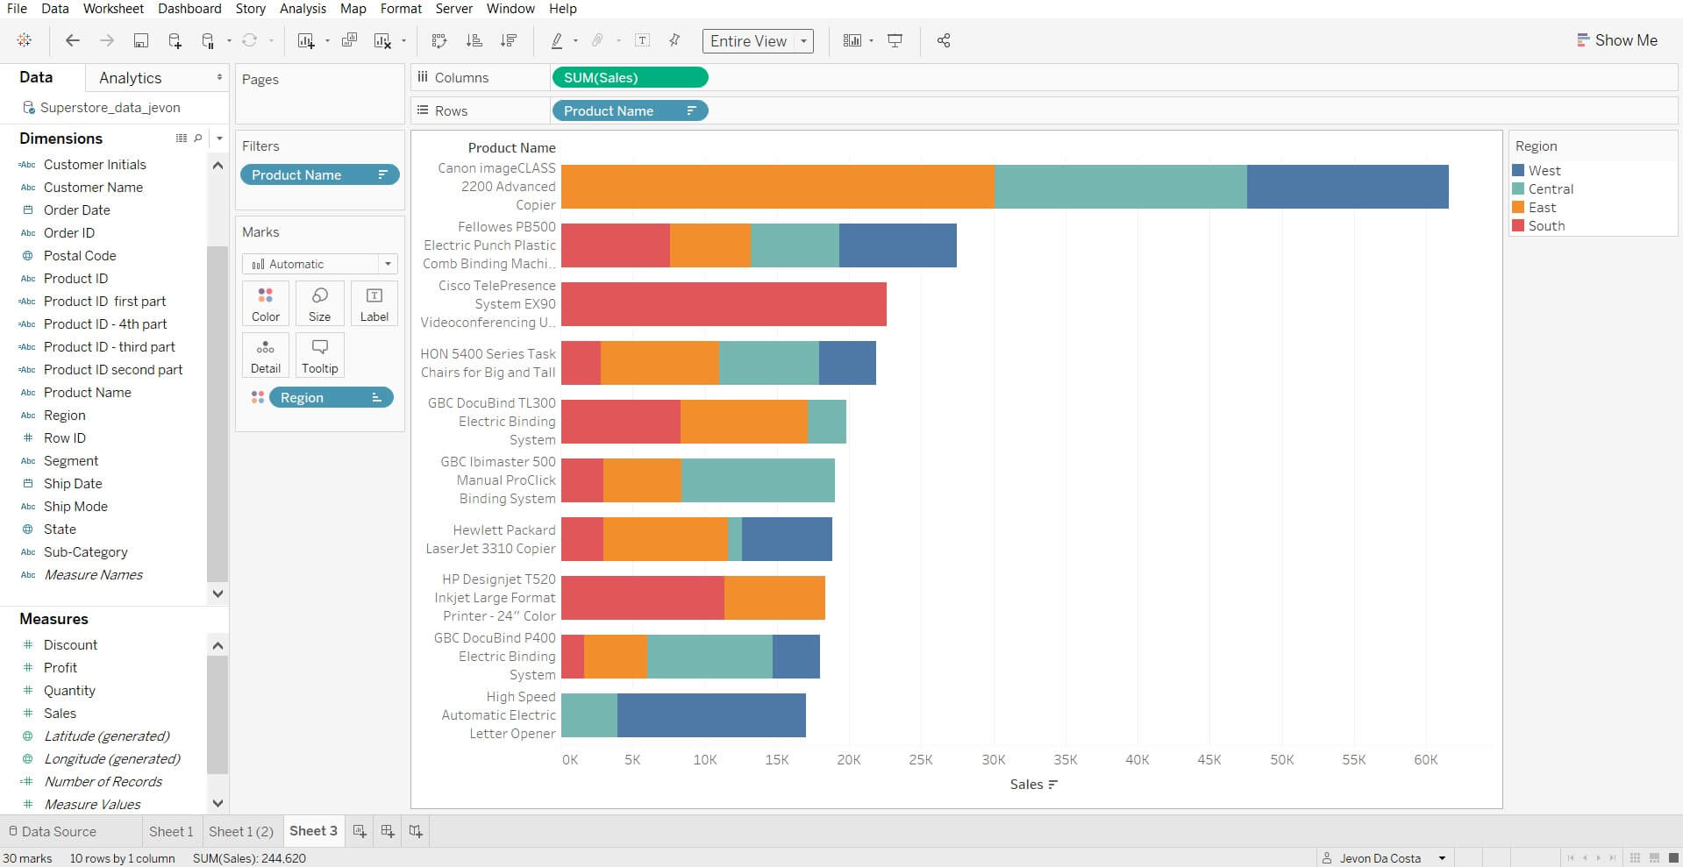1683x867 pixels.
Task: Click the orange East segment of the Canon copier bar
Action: click(x=777, y=187)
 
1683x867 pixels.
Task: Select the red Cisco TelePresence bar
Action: click(x=724, y=304)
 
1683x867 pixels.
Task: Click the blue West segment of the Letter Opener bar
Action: click(x=711, y=715)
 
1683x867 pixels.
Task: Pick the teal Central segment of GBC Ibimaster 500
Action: click(x=758, y=480)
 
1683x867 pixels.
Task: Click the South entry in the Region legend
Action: click(x=1545, y=226)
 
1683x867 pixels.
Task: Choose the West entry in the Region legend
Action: click(x=1544, y=171)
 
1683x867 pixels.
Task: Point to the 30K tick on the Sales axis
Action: click(x=994, y=760)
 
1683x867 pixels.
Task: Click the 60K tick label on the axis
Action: click(x=1426, y=760)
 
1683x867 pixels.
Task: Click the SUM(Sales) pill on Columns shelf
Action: click(x=629, y=78)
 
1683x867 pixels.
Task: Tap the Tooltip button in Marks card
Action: click(x=320, y=355)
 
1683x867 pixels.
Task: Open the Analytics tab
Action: click(x=131, y=78)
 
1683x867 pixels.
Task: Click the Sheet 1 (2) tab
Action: click(x=241, y=831)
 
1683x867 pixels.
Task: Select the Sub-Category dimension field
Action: click(x=86, y=552)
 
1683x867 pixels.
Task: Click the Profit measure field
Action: click(x=61, y=668)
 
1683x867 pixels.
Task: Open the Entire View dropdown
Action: click(x=757, y=41)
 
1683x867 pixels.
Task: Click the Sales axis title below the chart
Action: click(x=1027, y=785)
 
